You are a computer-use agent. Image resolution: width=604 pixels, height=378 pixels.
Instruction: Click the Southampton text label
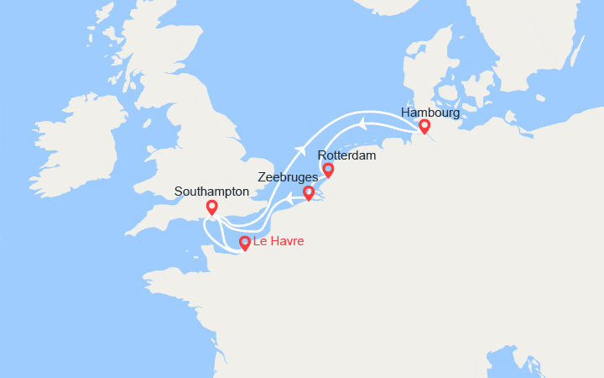point(211,192)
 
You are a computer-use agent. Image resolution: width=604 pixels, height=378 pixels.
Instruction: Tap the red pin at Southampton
point(211,207)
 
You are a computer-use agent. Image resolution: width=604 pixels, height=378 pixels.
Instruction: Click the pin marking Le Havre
point(244,243)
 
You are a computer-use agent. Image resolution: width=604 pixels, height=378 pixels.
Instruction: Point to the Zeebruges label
point(288,178)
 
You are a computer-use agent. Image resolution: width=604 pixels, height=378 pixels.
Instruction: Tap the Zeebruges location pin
point(308,193)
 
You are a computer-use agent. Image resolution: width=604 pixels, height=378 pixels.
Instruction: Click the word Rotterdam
point(347,155)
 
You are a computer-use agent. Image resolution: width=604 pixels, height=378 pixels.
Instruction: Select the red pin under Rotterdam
point(328,170)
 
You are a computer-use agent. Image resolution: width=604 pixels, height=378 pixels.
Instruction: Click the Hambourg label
point(430,112)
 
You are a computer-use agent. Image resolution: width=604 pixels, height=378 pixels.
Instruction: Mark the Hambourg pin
point(424,126)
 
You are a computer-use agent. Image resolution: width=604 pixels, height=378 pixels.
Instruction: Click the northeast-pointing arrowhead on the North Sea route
point(299,151)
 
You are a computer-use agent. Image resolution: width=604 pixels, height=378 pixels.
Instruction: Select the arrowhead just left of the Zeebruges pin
point(288,198)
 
